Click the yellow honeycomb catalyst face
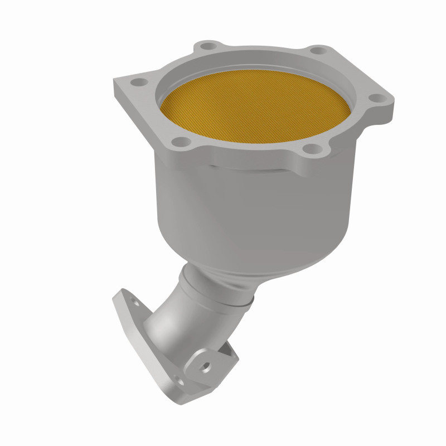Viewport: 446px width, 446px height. [x=256, y=109]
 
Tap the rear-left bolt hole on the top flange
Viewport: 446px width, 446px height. [x=207, y=46]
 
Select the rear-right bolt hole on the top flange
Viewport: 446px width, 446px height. [x=317, y=51]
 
